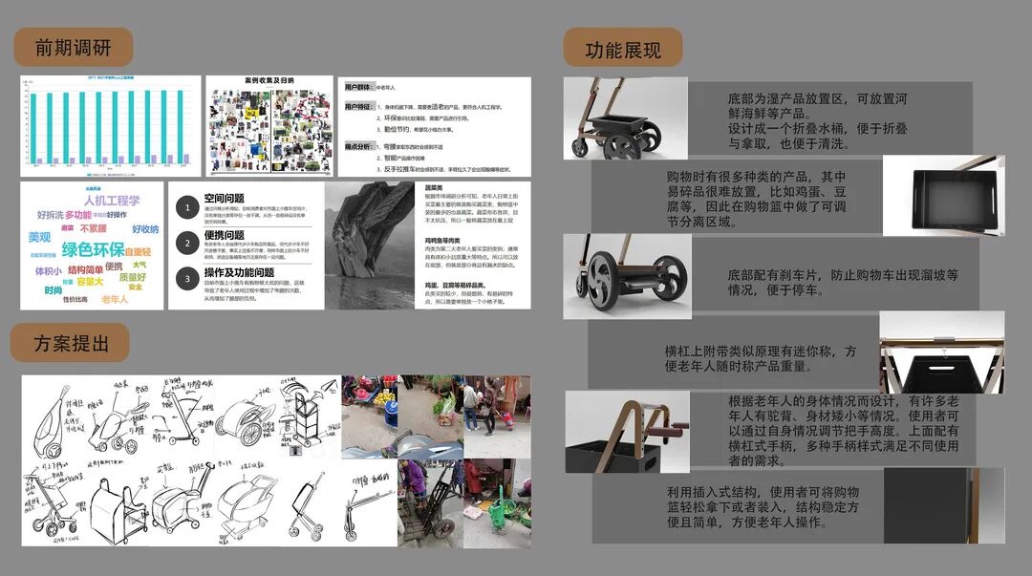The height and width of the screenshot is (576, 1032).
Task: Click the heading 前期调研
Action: (73, 48)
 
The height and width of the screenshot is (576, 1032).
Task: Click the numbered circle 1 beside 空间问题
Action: (188, 207)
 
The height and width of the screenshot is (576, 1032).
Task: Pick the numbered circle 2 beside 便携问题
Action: (188, 243)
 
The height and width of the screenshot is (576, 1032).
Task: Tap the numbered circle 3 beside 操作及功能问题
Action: (188, 278)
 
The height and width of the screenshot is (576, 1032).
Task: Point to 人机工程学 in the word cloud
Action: (111, 201)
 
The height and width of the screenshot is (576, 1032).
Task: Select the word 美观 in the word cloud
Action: (39, 237)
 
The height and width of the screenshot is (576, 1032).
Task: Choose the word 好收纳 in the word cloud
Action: (144, 229)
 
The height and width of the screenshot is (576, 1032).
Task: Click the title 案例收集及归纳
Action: (269, 82)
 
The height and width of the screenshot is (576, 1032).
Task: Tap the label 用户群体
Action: (359, 87)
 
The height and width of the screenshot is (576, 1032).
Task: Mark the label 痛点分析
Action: (359, 146)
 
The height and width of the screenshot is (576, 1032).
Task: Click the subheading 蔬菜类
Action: (433, 187)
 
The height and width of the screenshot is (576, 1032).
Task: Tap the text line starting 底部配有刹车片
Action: (842, 275)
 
